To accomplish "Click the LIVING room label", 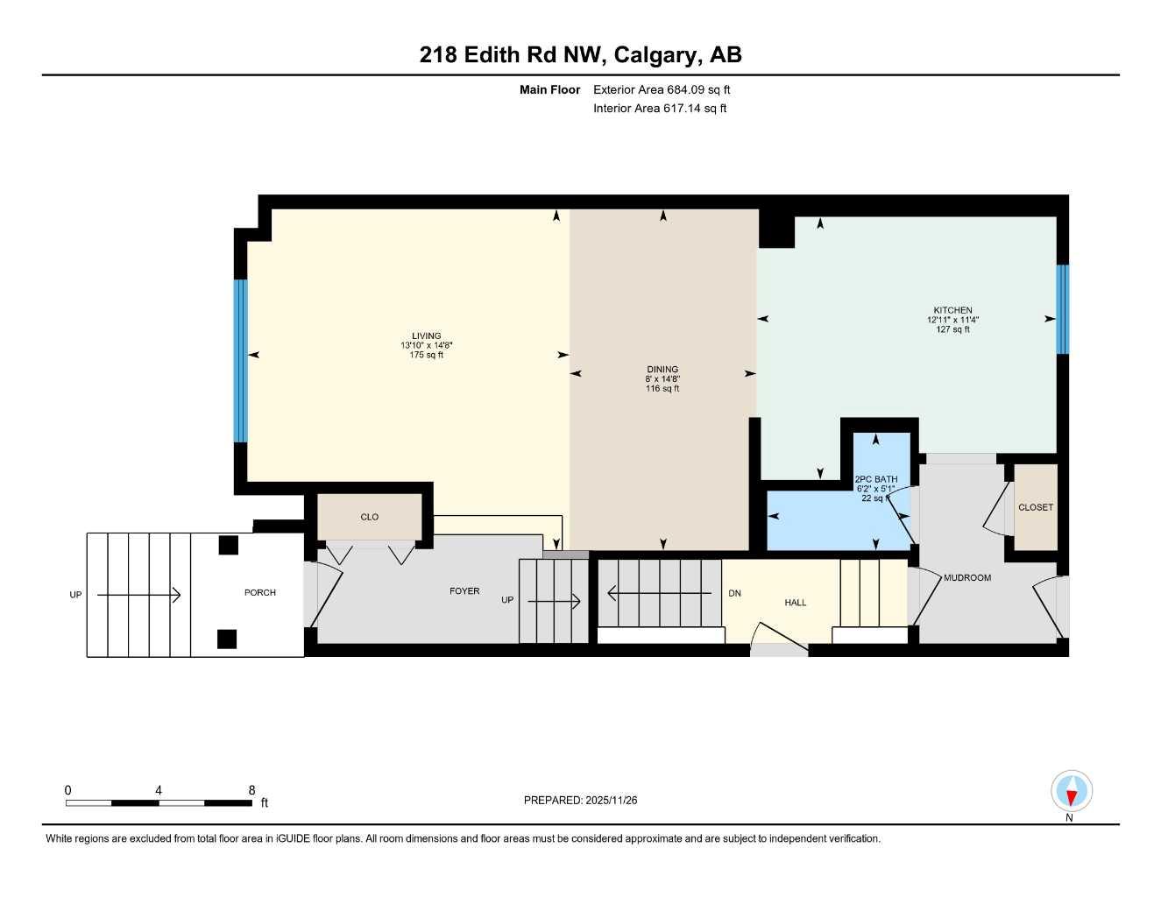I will click(x=426, y=336).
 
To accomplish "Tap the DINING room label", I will click(x=662, y=370).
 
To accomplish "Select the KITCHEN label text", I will click(x=952, y=310).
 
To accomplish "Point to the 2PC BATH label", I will click(x=875, y=479).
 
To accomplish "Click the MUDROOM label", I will click(x=967, y=578).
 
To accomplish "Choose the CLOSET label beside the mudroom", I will click(x=1035, y=507).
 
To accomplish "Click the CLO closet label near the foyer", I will click(x=370, y=517).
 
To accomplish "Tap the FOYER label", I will click(x=464, y=591).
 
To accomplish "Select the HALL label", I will click(x=796, y=603).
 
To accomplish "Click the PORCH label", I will click(x=260, y=593).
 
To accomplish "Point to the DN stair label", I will click(x=734, y=593).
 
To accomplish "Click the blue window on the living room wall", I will click(x=240, y=360).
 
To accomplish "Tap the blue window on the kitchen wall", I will click(x=1062, y=309).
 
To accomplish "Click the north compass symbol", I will click(x=1071, y=792).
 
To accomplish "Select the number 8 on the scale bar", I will click(x=251, y=790).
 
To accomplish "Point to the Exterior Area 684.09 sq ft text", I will click(x=662, y=89).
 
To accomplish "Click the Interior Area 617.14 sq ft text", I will click(x=660, y=109).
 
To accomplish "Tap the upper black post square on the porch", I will click(x=228, y=545).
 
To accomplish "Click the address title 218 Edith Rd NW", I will click(x=512, y=54).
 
